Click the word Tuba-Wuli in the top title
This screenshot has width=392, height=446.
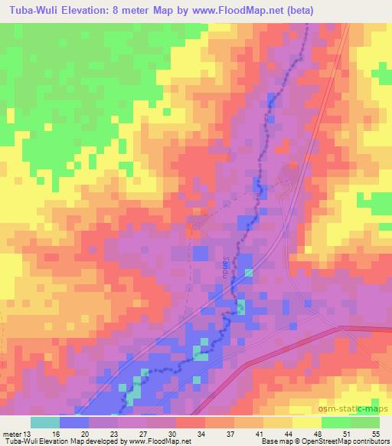click(31, 11)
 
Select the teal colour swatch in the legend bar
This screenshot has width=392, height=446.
click(44, 422)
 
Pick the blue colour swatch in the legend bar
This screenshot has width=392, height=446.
click(73, 422)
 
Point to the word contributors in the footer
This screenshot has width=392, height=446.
click(369, 441)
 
